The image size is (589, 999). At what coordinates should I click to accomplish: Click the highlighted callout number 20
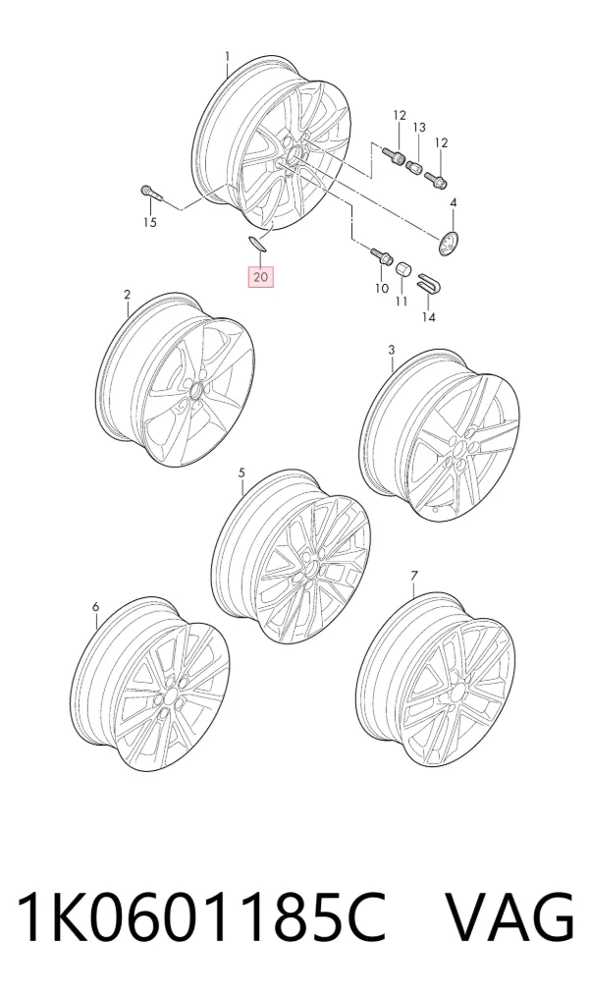[x=261, y=277]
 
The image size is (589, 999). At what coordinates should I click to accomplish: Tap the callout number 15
[x=149, y=222]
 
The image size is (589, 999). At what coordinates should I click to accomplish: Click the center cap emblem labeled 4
[x=450, y=243]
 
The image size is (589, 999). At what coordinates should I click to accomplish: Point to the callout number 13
[x=418, y=128]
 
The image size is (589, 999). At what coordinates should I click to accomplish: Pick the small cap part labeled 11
[x=402, y=270]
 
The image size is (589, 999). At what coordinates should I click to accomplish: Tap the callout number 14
[x=429, y=316]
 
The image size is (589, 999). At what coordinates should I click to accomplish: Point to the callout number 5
[x=241, y=472]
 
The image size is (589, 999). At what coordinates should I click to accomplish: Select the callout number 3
[x=391, y=350]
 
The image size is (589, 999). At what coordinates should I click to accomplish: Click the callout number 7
[x=414, y=576]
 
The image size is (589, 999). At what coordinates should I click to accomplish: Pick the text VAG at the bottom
[x=510, y=916]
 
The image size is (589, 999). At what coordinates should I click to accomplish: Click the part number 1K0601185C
[x=202, y=916]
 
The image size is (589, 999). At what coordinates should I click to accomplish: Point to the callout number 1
[x=228, y=57]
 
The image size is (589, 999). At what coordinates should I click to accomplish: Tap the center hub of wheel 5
[x=312, y=566]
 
